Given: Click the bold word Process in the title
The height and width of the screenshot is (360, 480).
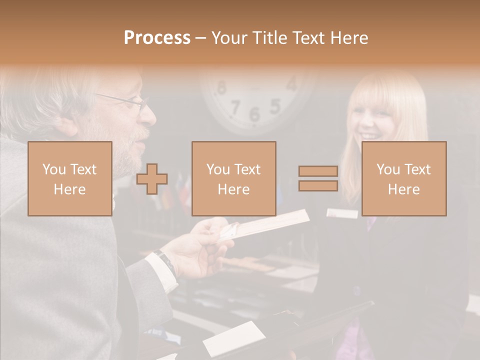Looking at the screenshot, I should click(157, 38).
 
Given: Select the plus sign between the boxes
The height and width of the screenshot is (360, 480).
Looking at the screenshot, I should click(152, 179).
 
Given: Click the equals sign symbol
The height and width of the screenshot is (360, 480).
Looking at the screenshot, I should click(318, 178).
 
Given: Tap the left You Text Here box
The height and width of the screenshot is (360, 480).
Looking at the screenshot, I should click(69, 178).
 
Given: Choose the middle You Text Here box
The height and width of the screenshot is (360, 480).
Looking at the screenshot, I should click(233, 178).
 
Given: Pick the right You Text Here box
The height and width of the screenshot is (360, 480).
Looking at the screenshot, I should click(403, 178).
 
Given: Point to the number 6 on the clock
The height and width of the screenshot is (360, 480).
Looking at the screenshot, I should click(254, 114).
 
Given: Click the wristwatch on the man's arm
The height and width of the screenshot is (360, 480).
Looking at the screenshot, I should click(164, 260).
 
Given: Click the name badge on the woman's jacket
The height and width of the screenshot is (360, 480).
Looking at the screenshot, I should click(342, 213).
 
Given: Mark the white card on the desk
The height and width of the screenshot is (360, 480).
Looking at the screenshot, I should click(234, 338).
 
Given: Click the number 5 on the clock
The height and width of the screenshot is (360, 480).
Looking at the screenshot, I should click(274, 106).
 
